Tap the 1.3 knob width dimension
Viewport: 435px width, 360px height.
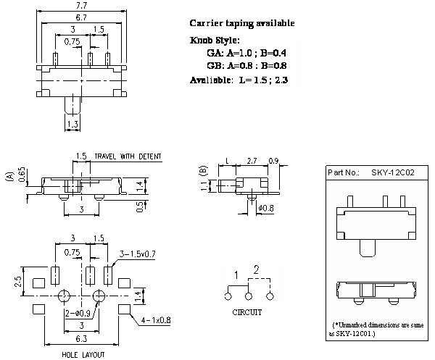pyautogui.click(x=72, y=125)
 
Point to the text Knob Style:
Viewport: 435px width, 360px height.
pyautogui.click(x=215, y=40)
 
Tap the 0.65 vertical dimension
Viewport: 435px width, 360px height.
pyautogui.click(x=22, y=175)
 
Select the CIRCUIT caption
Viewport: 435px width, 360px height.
pyautogui.click(x=247, y=313)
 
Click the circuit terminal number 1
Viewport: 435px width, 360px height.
pyautogui.click(x=236, y=273)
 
